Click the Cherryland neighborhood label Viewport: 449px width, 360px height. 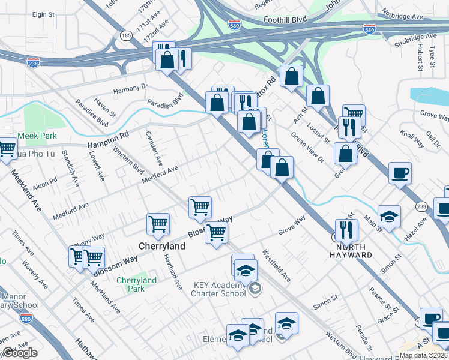click(161, 246)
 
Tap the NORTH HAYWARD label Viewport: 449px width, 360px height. click(354, 251)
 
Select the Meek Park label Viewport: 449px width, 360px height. click(37, 136)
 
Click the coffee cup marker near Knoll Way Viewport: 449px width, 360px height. click(400, 173)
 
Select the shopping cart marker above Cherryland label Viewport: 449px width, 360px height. click(158, 224)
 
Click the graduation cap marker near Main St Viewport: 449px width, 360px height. click(389, 216)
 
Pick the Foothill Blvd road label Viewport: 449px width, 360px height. click(285, 20)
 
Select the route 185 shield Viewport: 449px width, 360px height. click(126, 36)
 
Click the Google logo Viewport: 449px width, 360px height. click(20, 353)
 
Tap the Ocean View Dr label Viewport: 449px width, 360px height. click(307, 145)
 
